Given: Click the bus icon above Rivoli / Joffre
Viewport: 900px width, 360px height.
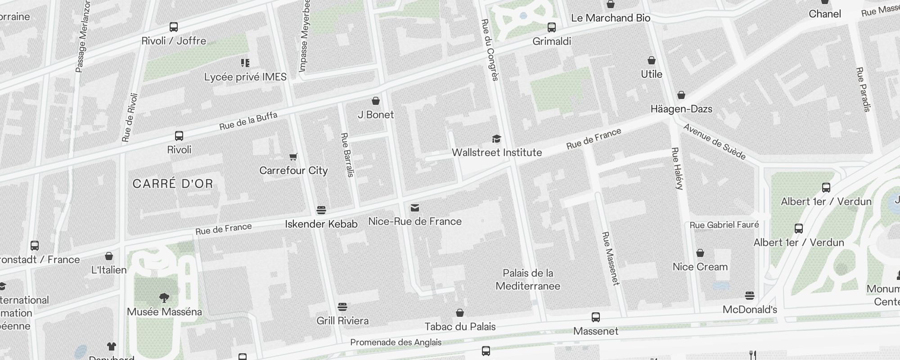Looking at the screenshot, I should [174, 27].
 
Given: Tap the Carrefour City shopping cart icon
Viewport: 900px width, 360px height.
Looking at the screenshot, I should [293, 157].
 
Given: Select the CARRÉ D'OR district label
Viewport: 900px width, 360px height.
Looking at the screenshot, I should [173, 184].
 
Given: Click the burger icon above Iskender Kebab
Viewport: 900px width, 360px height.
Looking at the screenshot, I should [321, 210].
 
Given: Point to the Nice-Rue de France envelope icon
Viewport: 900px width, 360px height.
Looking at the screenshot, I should [415, 208].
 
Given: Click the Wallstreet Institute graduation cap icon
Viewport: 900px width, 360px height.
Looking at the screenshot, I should [496, 139].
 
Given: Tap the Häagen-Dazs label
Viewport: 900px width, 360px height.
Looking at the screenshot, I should [681, 109].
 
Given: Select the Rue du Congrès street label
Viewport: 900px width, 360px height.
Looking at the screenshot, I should [490, 49].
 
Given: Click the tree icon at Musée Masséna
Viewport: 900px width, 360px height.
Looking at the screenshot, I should [164, 297].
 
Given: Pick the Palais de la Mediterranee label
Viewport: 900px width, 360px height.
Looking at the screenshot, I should [528, 279].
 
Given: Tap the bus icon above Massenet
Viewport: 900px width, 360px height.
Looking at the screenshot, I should [596, 317].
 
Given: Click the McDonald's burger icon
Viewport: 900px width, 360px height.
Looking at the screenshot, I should [749, 296].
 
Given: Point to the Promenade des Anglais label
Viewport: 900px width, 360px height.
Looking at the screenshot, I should [396, 342].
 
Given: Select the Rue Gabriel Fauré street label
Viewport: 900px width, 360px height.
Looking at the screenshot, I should [724, 225].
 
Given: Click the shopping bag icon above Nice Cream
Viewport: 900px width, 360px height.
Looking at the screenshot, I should [700, 253].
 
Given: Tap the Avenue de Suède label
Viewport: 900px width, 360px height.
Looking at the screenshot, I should [715, 141].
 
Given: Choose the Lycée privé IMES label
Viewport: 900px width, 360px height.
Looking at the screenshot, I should [245, 77].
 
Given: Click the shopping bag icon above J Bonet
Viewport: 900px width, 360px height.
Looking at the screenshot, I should [376, 101].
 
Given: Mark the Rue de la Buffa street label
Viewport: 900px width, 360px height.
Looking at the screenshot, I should [248, 121].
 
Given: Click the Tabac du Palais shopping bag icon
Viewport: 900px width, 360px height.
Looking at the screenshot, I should [460, 313].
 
